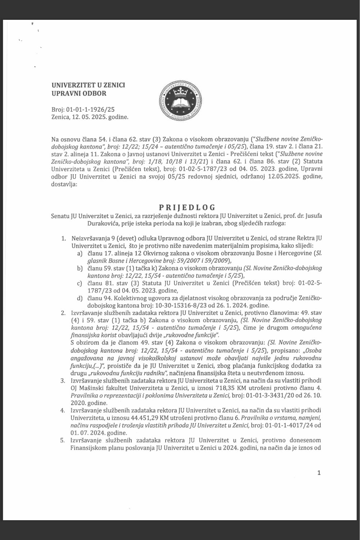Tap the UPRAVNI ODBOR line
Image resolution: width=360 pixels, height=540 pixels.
pos(79,94)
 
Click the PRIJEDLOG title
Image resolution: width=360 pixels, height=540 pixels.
pos(187,207)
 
